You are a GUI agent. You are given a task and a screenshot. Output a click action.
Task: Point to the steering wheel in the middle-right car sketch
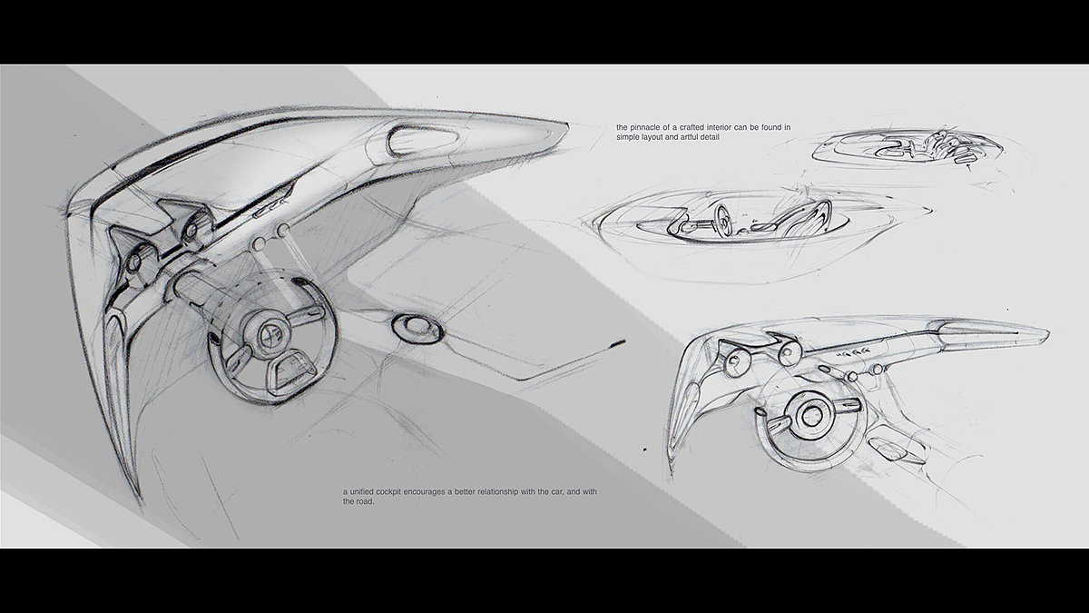point(724,219)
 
